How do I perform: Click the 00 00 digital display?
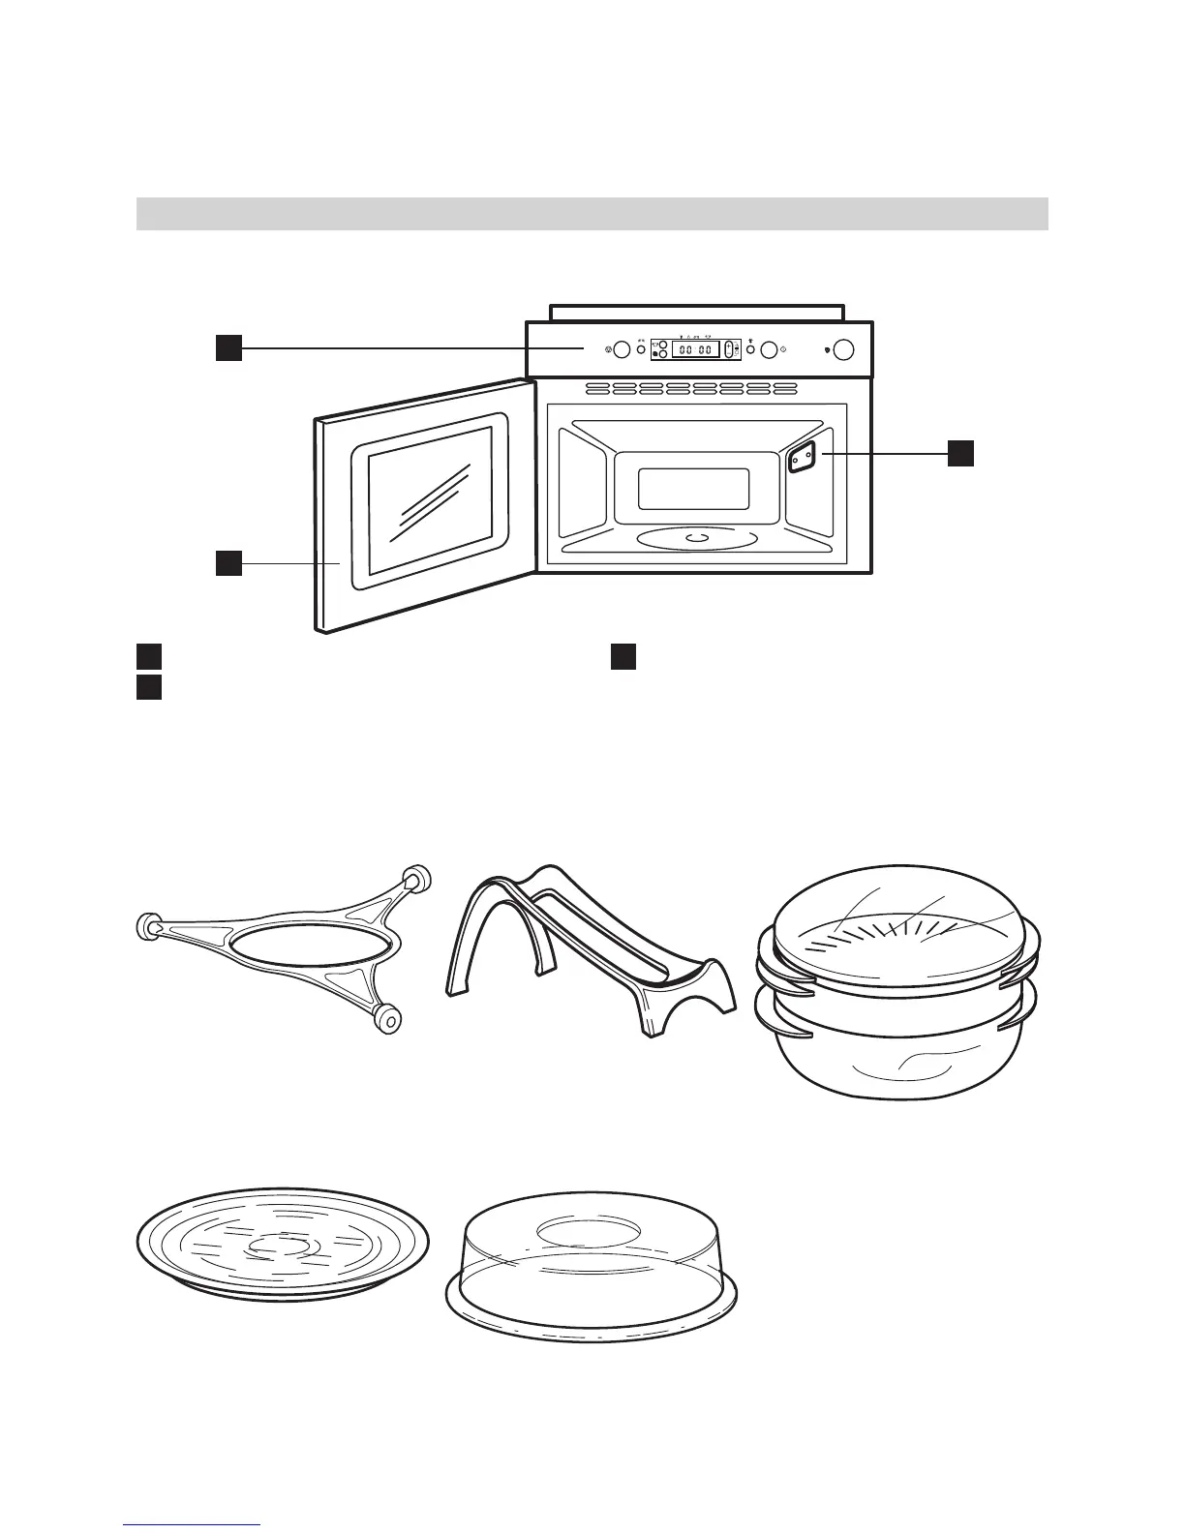click(695, 349)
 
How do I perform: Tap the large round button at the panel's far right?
click(843, 349)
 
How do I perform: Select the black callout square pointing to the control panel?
click(228, 347)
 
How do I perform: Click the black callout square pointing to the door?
click(228, 562)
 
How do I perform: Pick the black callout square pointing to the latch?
click(959, 453)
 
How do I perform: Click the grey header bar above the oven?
click(592, 213)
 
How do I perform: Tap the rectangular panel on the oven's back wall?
click(693, 489)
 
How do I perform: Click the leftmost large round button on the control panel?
click(623, 349)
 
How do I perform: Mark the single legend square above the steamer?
click(623, 656)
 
